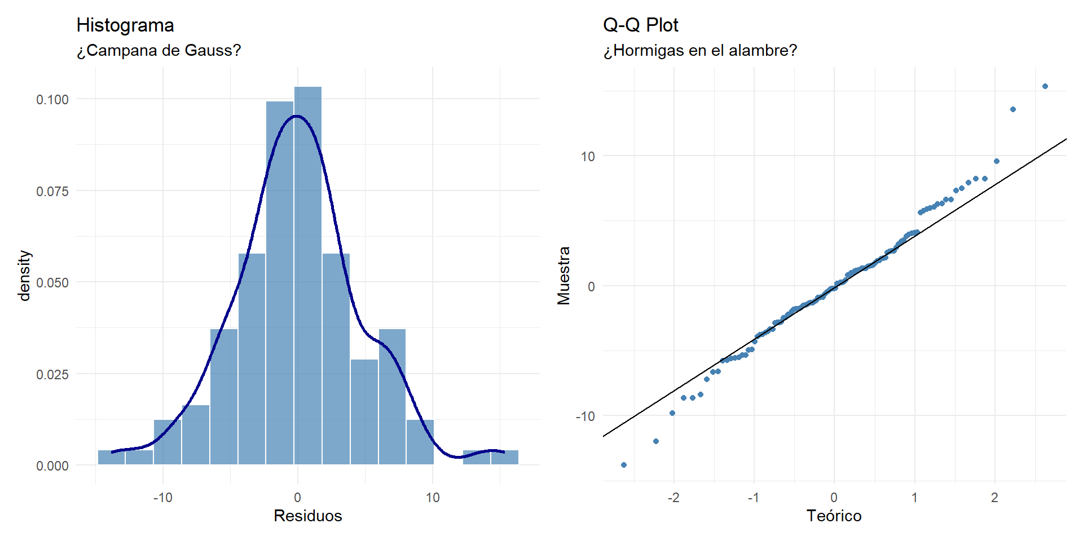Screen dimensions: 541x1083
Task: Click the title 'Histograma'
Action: (125, 25)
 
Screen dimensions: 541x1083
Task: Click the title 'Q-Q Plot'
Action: (640, 25)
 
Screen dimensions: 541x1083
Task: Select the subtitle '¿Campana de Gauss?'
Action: (159, 51)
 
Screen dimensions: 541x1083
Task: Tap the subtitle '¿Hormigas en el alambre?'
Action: (700, 51)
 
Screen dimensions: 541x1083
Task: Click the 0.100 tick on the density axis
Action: (52, 100)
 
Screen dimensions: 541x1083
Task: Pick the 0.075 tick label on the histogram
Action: (52, 192)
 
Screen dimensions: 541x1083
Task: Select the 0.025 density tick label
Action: (52, 375)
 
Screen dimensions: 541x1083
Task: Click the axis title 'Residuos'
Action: (308, 516)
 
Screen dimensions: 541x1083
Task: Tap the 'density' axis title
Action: (24, 276)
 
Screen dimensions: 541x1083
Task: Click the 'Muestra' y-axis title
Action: (563, 276)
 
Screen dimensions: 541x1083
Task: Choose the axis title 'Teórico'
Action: (834, 516)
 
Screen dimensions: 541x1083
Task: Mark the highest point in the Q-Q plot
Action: (1045, 86)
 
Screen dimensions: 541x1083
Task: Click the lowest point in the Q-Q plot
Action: (624, 465)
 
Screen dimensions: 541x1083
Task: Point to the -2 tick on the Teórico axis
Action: (673, 498)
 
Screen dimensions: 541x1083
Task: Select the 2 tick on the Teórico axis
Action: (994, 498)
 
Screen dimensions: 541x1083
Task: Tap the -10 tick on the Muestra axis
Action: (585, 416)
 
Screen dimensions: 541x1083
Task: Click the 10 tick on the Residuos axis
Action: (433, 498)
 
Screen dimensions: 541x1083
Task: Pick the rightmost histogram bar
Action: (505, 457)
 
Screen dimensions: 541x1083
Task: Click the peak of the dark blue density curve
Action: (297, 116)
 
